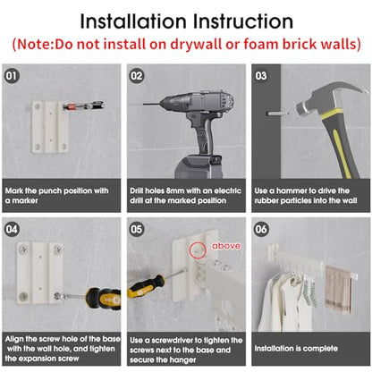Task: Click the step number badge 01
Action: (12, 76)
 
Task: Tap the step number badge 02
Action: (137, 76)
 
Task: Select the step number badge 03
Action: (261, 76)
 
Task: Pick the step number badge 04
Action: (12, 229)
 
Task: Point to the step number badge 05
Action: (137, 229)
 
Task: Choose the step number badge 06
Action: (261, 229)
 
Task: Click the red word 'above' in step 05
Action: (226, 246)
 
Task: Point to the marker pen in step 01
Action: (84, 106)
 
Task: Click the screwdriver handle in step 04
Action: (104, 299)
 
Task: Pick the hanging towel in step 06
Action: (338, 290)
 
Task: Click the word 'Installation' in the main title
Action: (133, 21)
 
